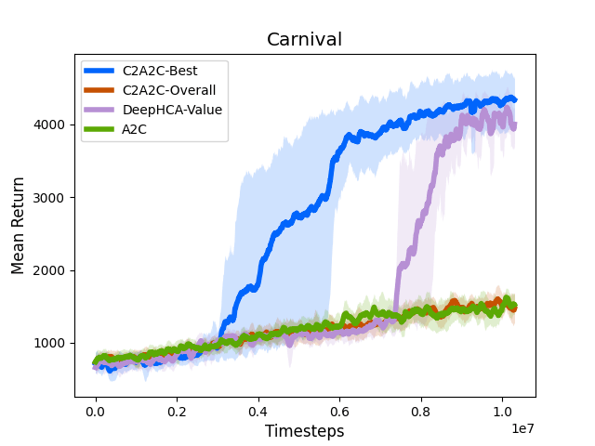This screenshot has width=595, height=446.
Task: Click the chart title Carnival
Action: click(x=304, y=40)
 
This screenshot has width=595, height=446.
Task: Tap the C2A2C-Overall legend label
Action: click(x=168, y=90)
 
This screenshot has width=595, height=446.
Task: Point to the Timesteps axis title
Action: click(x=304, y=431)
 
